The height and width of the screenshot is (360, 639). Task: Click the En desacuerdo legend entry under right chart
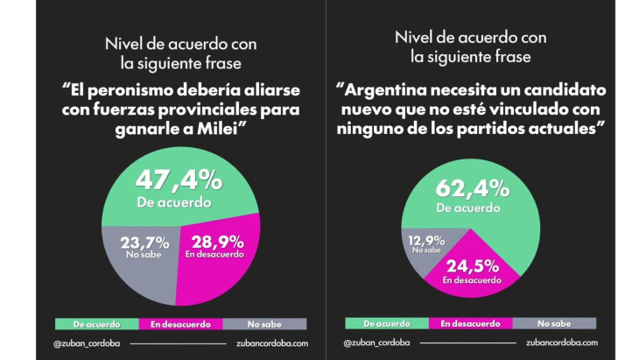coord(470,323)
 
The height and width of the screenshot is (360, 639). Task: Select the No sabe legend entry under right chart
coord(553,323)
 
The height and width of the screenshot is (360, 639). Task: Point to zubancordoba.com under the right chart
coord(562,343)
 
